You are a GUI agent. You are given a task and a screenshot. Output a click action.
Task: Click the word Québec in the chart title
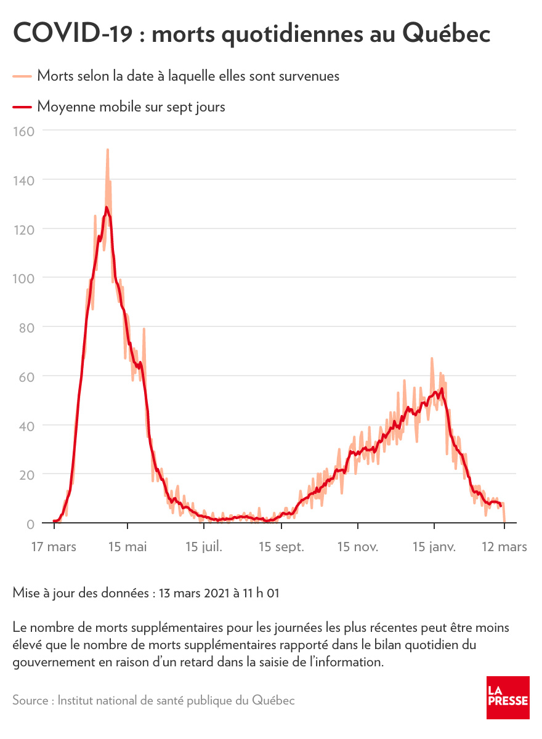tap(447, 34)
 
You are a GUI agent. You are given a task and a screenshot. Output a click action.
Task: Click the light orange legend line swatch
tap(22, 76)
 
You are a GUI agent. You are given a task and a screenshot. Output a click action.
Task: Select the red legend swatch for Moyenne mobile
tap(22, 107)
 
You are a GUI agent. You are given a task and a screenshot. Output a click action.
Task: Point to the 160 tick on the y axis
tap(23, 131)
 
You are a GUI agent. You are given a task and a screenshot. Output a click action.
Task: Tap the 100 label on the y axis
tap(23, 278)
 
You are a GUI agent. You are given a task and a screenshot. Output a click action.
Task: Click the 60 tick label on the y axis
tap(26, 376)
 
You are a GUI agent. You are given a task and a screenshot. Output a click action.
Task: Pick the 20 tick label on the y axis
tap(26, 474)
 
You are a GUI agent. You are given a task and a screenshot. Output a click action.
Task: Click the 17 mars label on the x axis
tap(54, 547)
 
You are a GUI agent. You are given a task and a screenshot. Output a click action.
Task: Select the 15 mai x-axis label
tap(127, 547)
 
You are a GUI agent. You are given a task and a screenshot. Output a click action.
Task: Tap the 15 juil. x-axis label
tap(203, 547)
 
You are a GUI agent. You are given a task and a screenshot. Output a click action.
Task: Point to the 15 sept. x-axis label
tap(281, 547)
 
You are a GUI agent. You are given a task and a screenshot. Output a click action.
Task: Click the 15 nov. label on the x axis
tap(358, 547)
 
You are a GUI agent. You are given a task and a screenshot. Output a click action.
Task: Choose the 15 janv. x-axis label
tap(434, 547)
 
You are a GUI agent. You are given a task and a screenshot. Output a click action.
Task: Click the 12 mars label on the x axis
tap(504, 547)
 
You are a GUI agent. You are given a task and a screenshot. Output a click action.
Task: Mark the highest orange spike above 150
tap(107, 150)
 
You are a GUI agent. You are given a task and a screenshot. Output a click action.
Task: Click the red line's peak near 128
tap(107, 208)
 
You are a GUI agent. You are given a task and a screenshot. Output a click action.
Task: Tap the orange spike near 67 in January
tap(432, 358)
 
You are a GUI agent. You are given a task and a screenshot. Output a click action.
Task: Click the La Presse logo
tap(508, 697)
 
